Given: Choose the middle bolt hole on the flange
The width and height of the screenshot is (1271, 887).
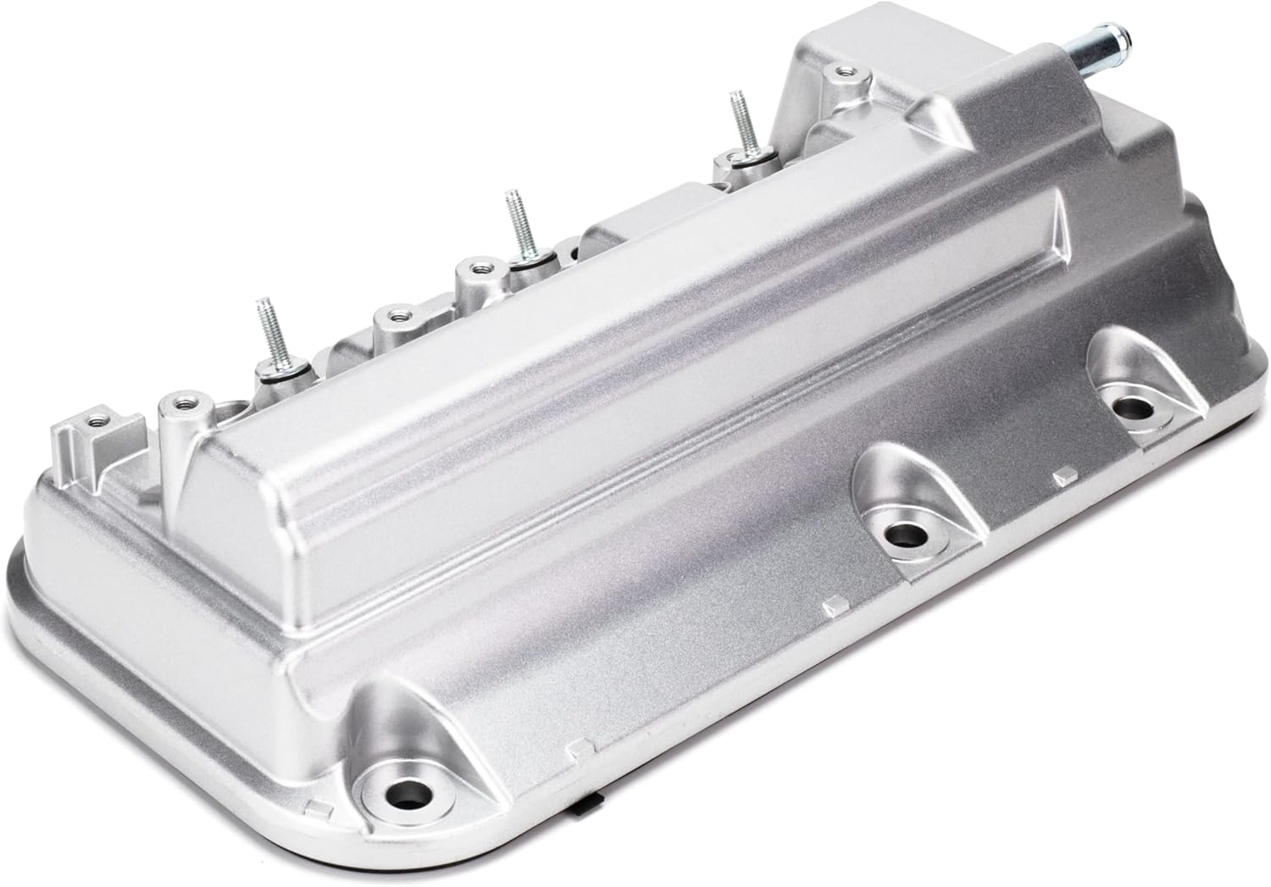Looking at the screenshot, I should coord(906,535).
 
